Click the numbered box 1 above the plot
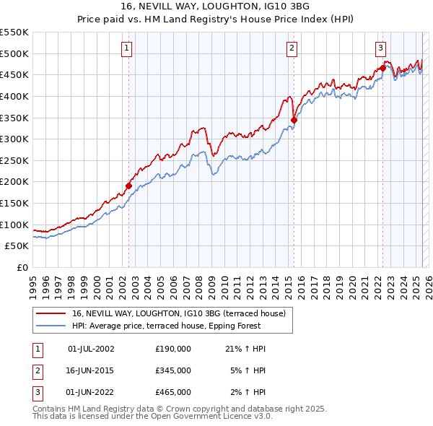(126, 48)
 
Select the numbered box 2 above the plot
(292, 48)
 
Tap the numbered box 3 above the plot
(380, 48)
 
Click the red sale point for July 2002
(129, 186)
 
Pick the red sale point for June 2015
(294, 120)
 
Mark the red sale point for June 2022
(383, 69)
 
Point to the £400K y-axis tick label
(14, 96)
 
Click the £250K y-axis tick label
(14, 160)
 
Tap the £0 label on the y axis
(22, 267)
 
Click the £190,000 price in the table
(173, 349)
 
